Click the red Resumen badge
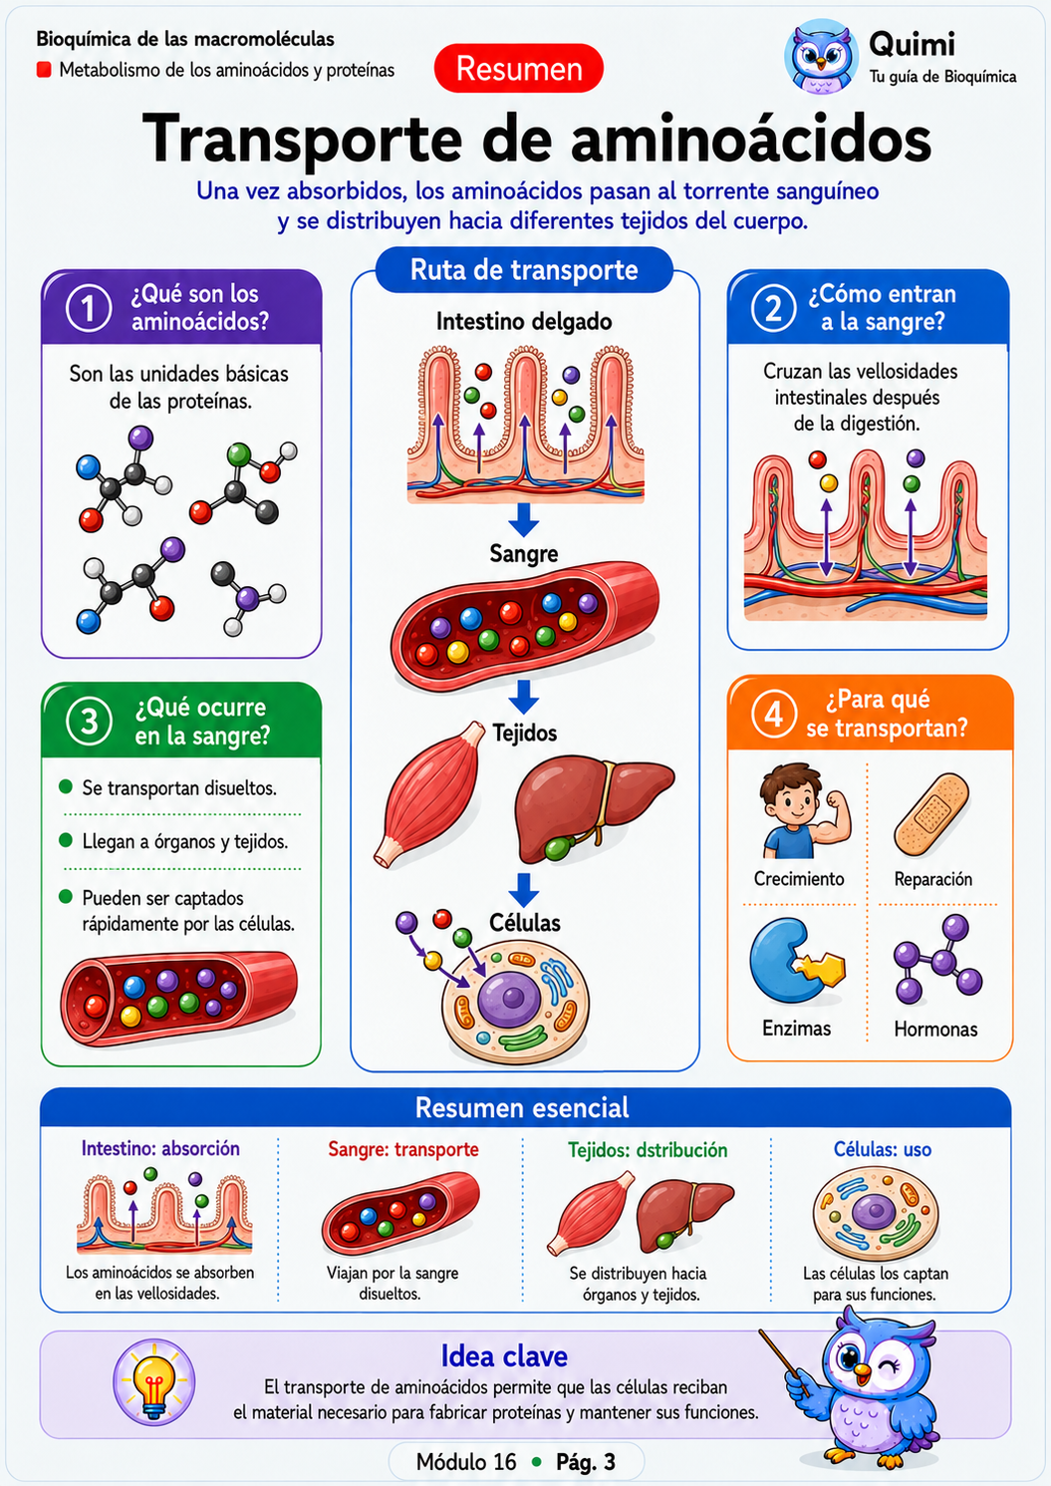519,69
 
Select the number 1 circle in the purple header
89,308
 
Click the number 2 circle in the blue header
773,308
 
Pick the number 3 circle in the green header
89,722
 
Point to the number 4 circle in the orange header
773,715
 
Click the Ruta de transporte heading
524,270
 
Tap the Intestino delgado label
524,322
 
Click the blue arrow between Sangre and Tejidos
524,696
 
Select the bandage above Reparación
931,814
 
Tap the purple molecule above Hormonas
937,959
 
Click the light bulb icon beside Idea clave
153,1381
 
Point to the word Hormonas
935,1029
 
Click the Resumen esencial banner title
522,1108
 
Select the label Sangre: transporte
403,1150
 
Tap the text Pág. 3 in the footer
586,1461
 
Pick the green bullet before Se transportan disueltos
66,786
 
